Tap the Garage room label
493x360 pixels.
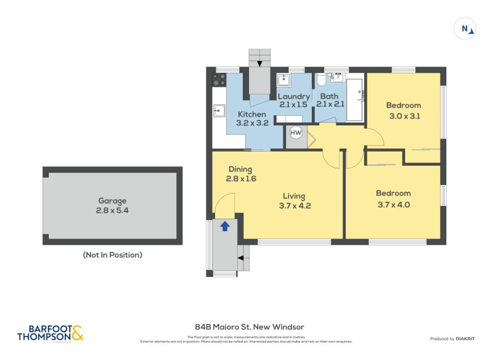[112, 201]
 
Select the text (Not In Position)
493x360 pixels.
[112, 255]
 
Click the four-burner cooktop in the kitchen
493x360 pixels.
[219, 80]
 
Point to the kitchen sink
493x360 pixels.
[219, 111]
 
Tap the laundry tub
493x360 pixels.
[284, 80]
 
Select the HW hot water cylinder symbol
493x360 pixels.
[296, 133]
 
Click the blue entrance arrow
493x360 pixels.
[225, 226]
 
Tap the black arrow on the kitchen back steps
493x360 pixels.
[259, 62]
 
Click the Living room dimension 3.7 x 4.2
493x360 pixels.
[295, 206]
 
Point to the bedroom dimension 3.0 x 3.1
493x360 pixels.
[404, 115]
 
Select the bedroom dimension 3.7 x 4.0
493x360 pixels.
[393, 204]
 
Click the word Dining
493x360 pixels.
[240, 170]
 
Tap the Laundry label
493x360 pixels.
[293, 97]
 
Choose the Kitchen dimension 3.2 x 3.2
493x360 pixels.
[252, 123]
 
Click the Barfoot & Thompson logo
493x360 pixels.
[51, 333]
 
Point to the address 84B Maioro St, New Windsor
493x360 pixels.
[250, 327]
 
